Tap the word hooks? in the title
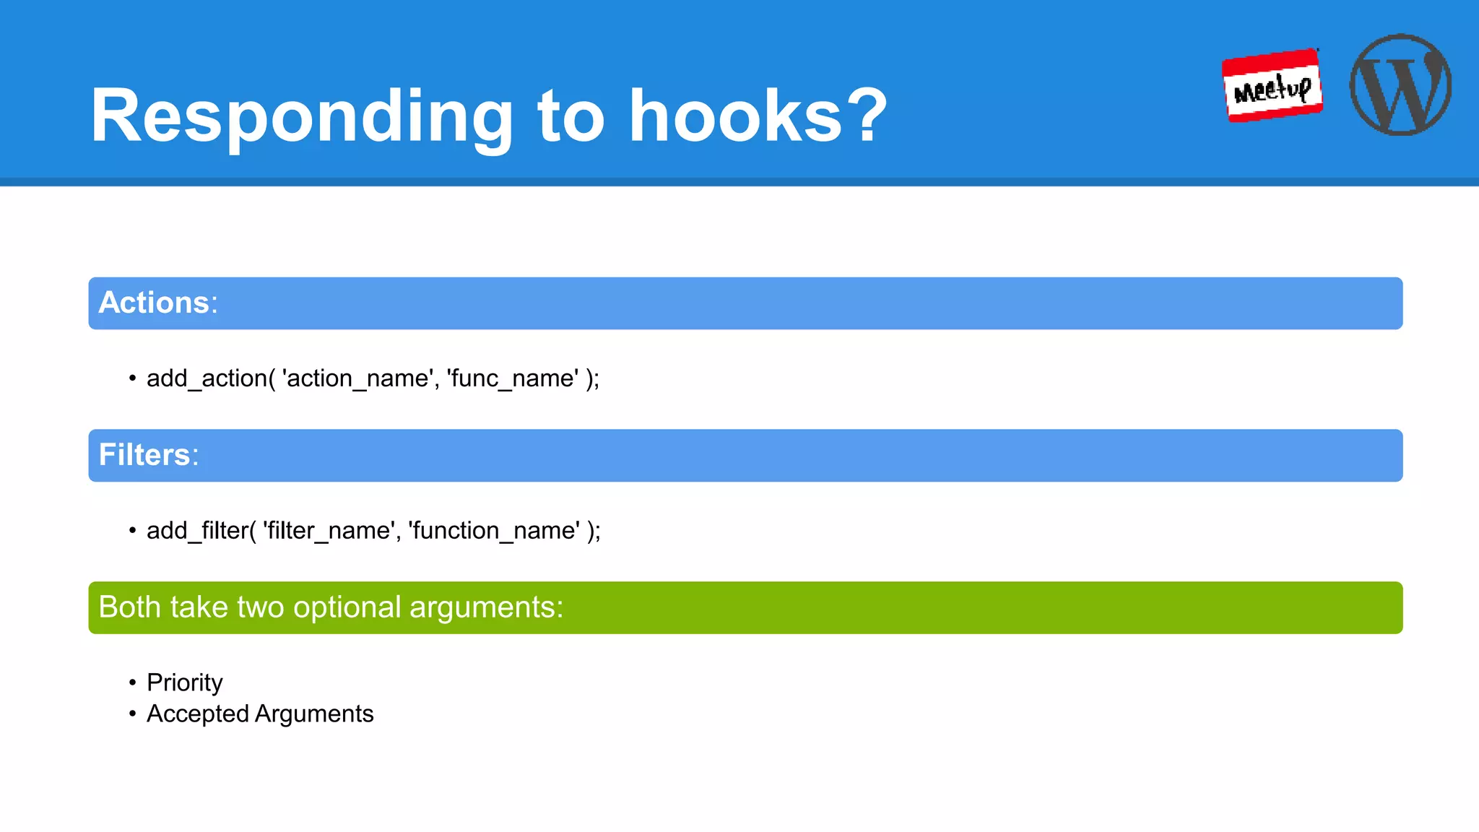point(758,116)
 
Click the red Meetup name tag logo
point(1272,86)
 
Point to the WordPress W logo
point(1400,84)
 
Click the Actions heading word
point(154,303)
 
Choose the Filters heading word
point(144,455)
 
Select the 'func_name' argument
point(513,378)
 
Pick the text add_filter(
point(201,531)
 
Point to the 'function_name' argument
point(494,531)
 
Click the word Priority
point(185,682)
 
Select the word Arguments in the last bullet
point(314,714)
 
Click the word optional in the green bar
point(347,607)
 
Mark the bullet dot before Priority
point(132,682)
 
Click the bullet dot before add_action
point(132,378)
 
